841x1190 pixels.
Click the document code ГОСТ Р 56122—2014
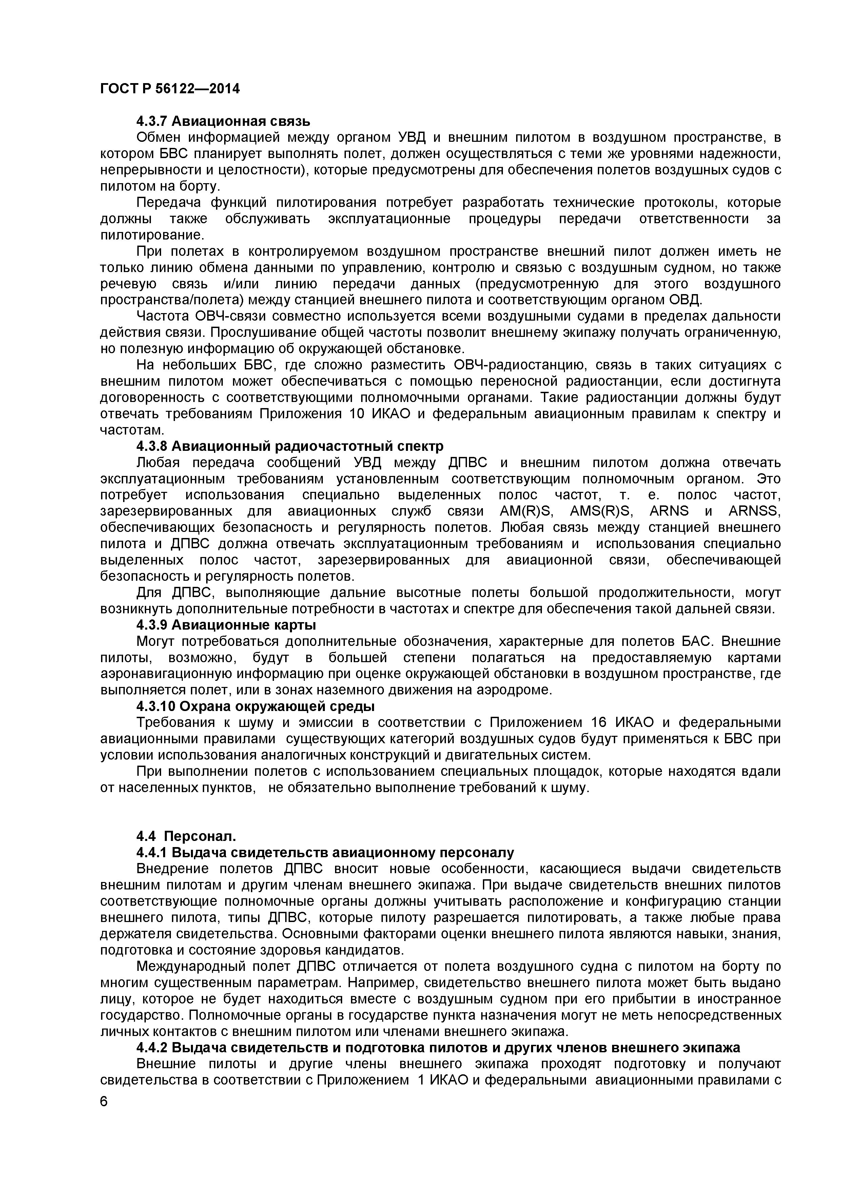coord(170,89)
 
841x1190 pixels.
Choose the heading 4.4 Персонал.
coord(185,836)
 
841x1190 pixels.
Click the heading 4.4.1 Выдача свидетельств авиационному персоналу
coord(325,852)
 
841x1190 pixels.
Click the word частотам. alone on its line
coord(132,430)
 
